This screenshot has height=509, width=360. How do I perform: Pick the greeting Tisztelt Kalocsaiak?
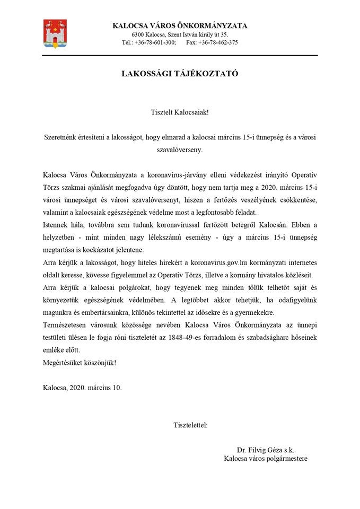[x=180, y=112]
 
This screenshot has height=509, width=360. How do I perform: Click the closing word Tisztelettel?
[x=190, y=425]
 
